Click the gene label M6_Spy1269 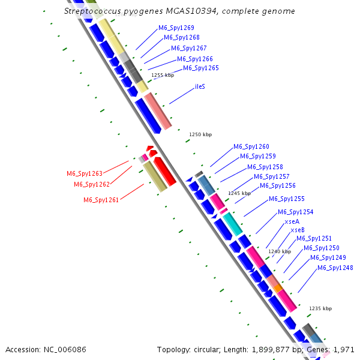pos(176,28)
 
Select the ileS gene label pos(200,86)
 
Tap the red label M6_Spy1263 pos(84,173)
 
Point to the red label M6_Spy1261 pos(101,200)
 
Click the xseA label pos(292,221)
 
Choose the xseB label pos(298,230)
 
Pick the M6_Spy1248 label pos(335,268)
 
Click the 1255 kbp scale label pos(162,75)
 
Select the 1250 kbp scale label pos(200,135)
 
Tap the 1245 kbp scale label pos(239,193)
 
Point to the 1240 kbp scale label pos(278,251)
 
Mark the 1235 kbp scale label pos(320,308)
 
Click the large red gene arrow pos(164,171)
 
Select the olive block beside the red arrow pos(154,177)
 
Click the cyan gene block pos(232,223)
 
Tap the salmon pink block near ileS pos(158,112)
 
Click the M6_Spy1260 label pos(251,146)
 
